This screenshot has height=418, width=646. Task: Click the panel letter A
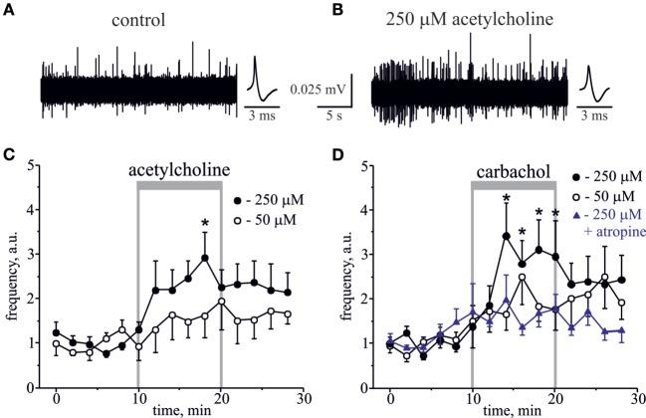(9, 13)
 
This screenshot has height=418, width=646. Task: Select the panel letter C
(9, 156)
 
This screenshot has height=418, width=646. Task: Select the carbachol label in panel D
(510, 171)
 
